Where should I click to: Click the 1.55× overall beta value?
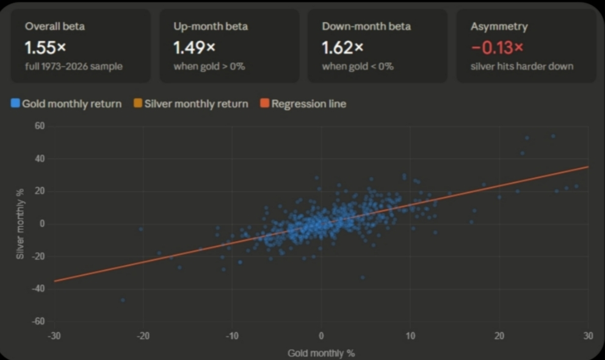45,47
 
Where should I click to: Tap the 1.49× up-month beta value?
194,47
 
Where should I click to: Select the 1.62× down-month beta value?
342,47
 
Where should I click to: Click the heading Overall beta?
54,26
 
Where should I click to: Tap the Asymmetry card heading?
499,26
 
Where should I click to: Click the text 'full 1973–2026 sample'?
73,66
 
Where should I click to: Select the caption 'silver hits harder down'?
521,66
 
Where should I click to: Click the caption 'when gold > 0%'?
209,66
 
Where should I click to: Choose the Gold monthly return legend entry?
67,104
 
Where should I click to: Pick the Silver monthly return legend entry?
191,104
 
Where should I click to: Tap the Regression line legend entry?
304,104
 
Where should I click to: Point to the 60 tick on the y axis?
40,126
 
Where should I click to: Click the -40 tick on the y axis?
38,289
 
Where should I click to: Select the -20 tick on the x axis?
143,336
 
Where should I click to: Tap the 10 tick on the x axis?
410,336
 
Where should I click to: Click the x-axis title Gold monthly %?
321,353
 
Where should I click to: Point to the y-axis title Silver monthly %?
20,224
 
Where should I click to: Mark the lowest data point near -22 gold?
123,300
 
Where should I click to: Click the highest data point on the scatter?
553,136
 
